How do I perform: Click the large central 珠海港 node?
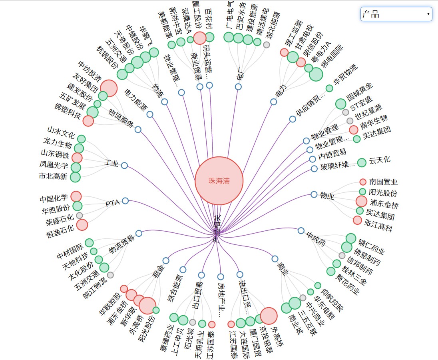(x=219, y=181)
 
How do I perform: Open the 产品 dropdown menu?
(x=396, y=15)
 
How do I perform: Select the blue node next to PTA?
(x=125, y=201)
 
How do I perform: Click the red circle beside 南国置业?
(x=363, y=182)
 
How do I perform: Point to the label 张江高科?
(x=378, y=228)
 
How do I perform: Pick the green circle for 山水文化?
(x=81, y=139)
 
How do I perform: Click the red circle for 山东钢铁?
(x=77, y=158)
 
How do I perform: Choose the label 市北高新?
(x=54, y=176)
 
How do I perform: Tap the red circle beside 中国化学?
(x=76, y=196)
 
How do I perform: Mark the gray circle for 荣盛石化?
(x=80, y=215)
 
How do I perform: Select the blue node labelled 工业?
(x=124, y=165)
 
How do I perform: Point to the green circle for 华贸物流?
(x=329, y=88)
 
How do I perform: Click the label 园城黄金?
(x=359, y=92)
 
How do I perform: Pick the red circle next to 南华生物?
(x=353, y=130)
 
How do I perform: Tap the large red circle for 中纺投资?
(x=109, y=88)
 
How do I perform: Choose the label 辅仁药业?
(x=371, y=247)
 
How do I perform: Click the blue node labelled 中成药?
(x=301, y=230)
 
